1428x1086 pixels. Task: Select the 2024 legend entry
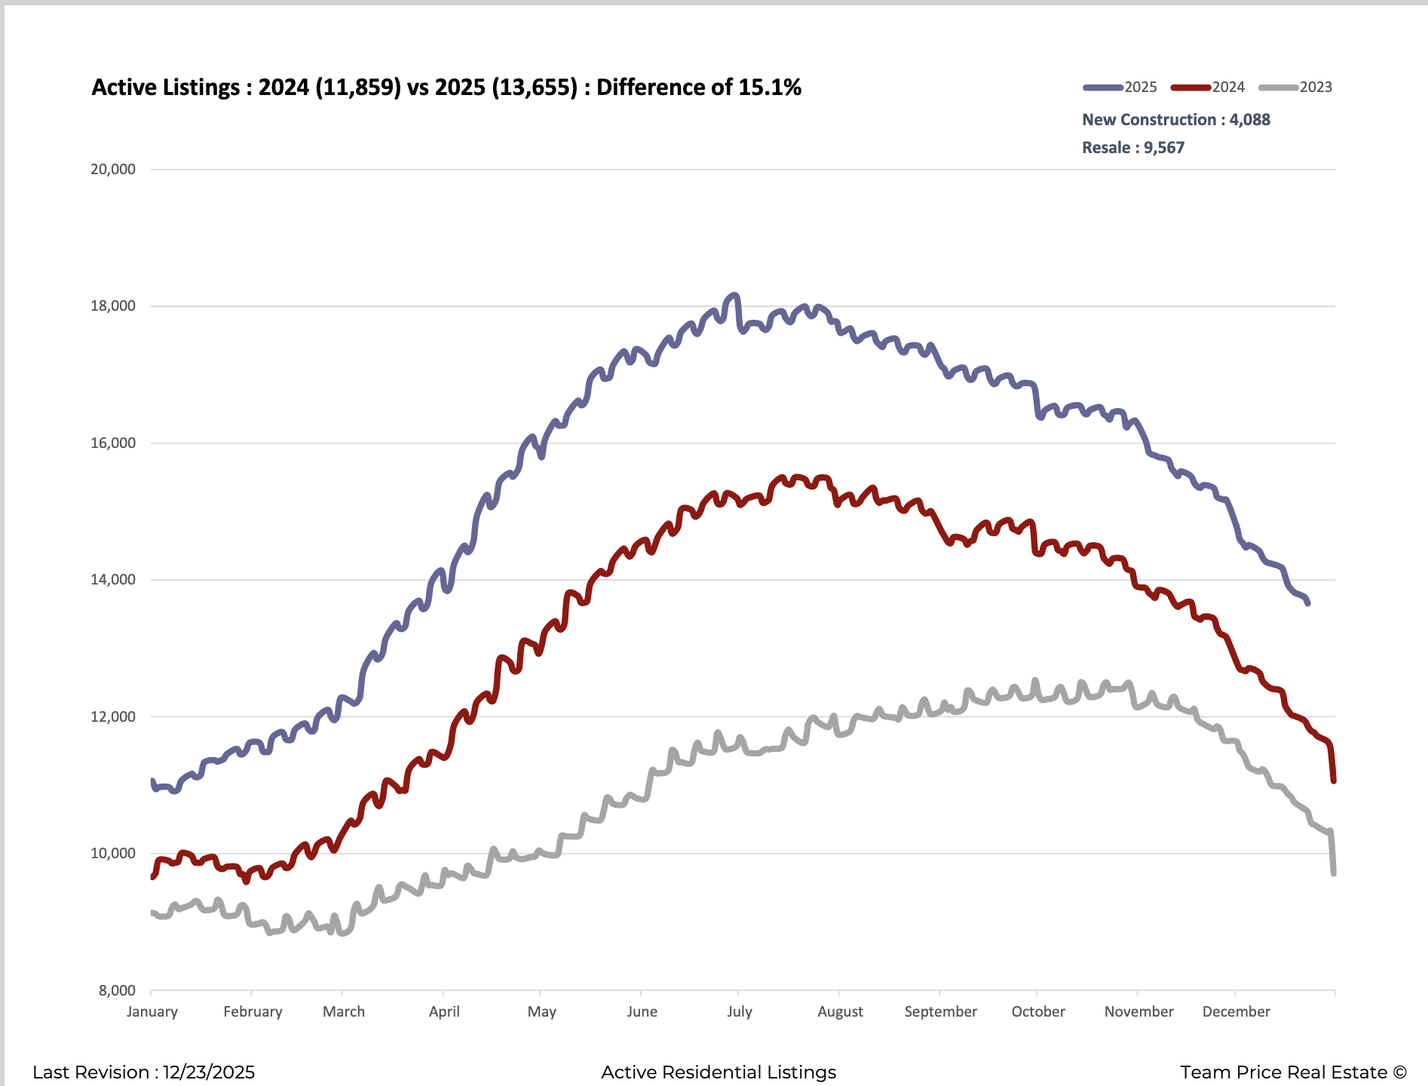1208,87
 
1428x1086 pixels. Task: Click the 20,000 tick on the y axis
113,169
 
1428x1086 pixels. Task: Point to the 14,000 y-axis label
113,579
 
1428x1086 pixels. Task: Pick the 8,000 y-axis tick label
117,990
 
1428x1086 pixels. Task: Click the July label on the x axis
739,1011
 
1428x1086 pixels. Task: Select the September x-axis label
940,1011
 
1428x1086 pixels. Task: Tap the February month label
253,1011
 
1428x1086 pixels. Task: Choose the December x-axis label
1236,1011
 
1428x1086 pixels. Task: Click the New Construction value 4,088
1249,120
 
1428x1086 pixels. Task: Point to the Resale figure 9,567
1163,148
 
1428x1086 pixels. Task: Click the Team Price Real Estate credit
1292,1072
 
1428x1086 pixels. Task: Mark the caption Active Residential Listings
719,1072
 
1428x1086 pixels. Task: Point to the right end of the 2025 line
1307,603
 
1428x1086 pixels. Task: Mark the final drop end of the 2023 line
1334,873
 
